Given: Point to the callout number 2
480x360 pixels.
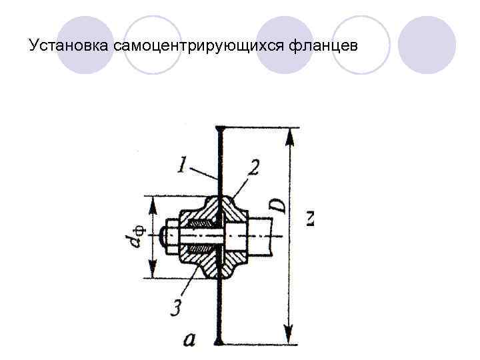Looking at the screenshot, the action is (253, 167).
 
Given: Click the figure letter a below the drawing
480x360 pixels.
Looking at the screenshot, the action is (189, 340).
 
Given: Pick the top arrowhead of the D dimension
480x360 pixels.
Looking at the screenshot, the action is (289, 136).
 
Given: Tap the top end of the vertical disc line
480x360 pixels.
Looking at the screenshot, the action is (219, 127).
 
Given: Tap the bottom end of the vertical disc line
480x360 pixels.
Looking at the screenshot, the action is (219, 343).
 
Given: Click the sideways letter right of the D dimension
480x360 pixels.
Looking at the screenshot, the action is (309, 217).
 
